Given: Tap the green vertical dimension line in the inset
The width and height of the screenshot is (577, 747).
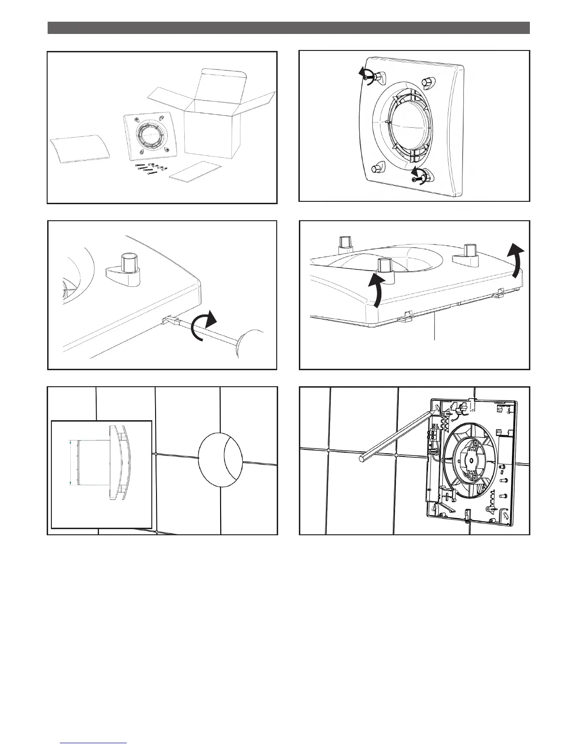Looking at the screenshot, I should (71, 463).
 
